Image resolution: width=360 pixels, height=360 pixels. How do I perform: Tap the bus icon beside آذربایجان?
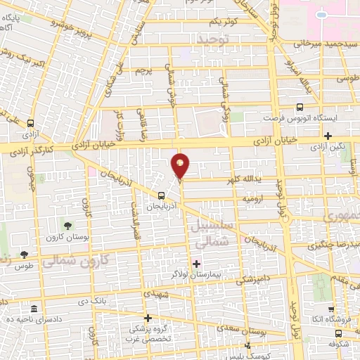click(162, 196)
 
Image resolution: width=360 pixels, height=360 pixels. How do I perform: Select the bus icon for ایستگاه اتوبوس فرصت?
click(300, 108)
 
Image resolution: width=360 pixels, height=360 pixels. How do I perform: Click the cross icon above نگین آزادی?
click(328, 135)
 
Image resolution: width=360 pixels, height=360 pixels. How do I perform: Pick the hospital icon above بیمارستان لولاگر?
click(196, 264)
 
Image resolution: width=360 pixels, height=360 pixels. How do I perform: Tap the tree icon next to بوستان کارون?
click(67, 226)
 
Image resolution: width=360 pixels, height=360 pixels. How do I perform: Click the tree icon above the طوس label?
click(25, 255)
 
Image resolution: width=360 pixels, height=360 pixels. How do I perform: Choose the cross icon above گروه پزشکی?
click(148, 318)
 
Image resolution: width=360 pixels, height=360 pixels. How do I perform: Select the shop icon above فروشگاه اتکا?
click(330, 309)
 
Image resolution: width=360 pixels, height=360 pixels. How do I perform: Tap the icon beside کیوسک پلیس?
click(247, 345)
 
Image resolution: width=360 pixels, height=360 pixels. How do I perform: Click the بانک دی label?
click(92, 301)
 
